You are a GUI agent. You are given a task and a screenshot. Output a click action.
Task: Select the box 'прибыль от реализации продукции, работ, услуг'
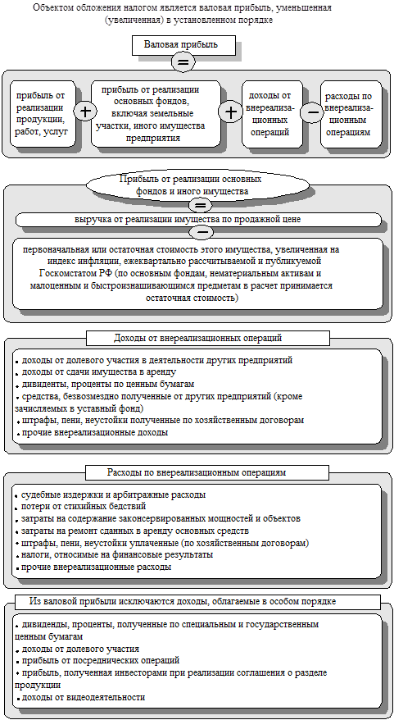(44, 113)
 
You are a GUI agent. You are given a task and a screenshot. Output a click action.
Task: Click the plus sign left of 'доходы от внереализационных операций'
(232, 111)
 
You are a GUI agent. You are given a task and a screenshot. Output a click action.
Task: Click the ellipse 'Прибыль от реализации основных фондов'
(189, 185)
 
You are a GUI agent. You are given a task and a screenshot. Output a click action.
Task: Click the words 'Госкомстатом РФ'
(54, 273)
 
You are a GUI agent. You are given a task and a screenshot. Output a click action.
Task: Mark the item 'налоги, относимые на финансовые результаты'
(117, 554)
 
